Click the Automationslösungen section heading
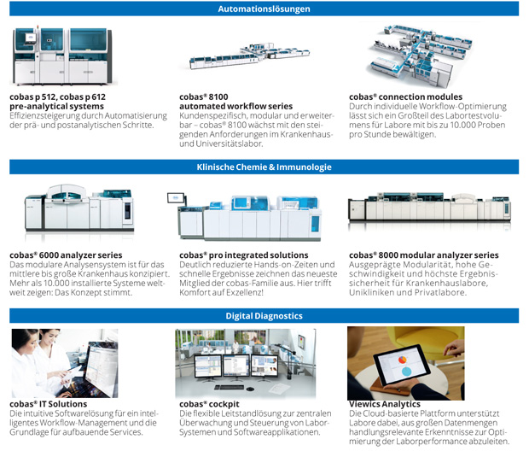(264, 9)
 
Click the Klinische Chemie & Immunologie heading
(264, 167)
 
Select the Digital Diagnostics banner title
(264, 316)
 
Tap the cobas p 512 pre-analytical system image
(63, 56)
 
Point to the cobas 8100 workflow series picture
(249, 56)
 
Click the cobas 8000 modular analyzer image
(429, 208)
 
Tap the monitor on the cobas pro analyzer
(176, 198)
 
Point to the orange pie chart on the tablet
(403, 360)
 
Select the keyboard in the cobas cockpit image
(230, 387)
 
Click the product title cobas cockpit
(209, 404)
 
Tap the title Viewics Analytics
(385, 404)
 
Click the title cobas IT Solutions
(49, 404)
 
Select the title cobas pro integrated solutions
(244, 255)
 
